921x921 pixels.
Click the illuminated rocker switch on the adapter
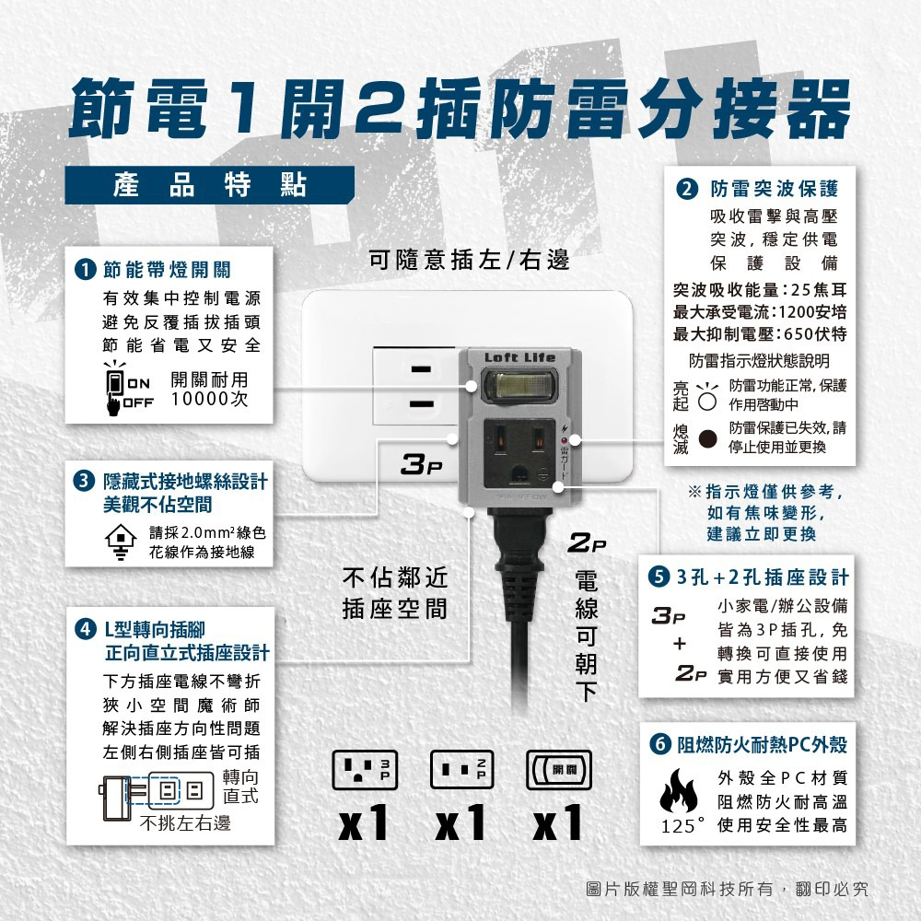519,386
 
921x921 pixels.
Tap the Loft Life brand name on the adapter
519,357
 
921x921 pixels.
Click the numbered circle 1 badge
86,270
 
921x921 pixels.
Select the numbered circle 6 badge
660,744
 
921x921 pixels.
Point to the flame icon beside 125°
678,790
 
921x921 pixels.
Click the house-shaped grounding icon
121,542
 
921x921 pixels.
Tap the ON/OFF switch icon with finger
116,388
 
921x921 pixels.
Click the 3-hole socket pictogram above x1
365,769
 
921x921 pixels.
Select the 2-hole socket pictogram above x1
461,769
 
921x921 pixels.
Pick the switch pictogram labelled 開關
559,769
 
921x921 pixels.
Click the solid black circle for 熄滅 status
707,438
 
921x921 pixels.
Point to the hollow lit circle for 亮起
707,401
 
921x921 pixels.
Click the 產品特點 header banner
209,185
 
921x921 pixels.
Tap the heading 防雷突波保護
775,189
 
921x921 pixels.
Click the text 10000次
210,399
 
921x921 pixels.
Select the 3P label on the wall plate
421,464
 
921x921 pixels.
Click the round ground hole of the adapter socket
519,472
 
